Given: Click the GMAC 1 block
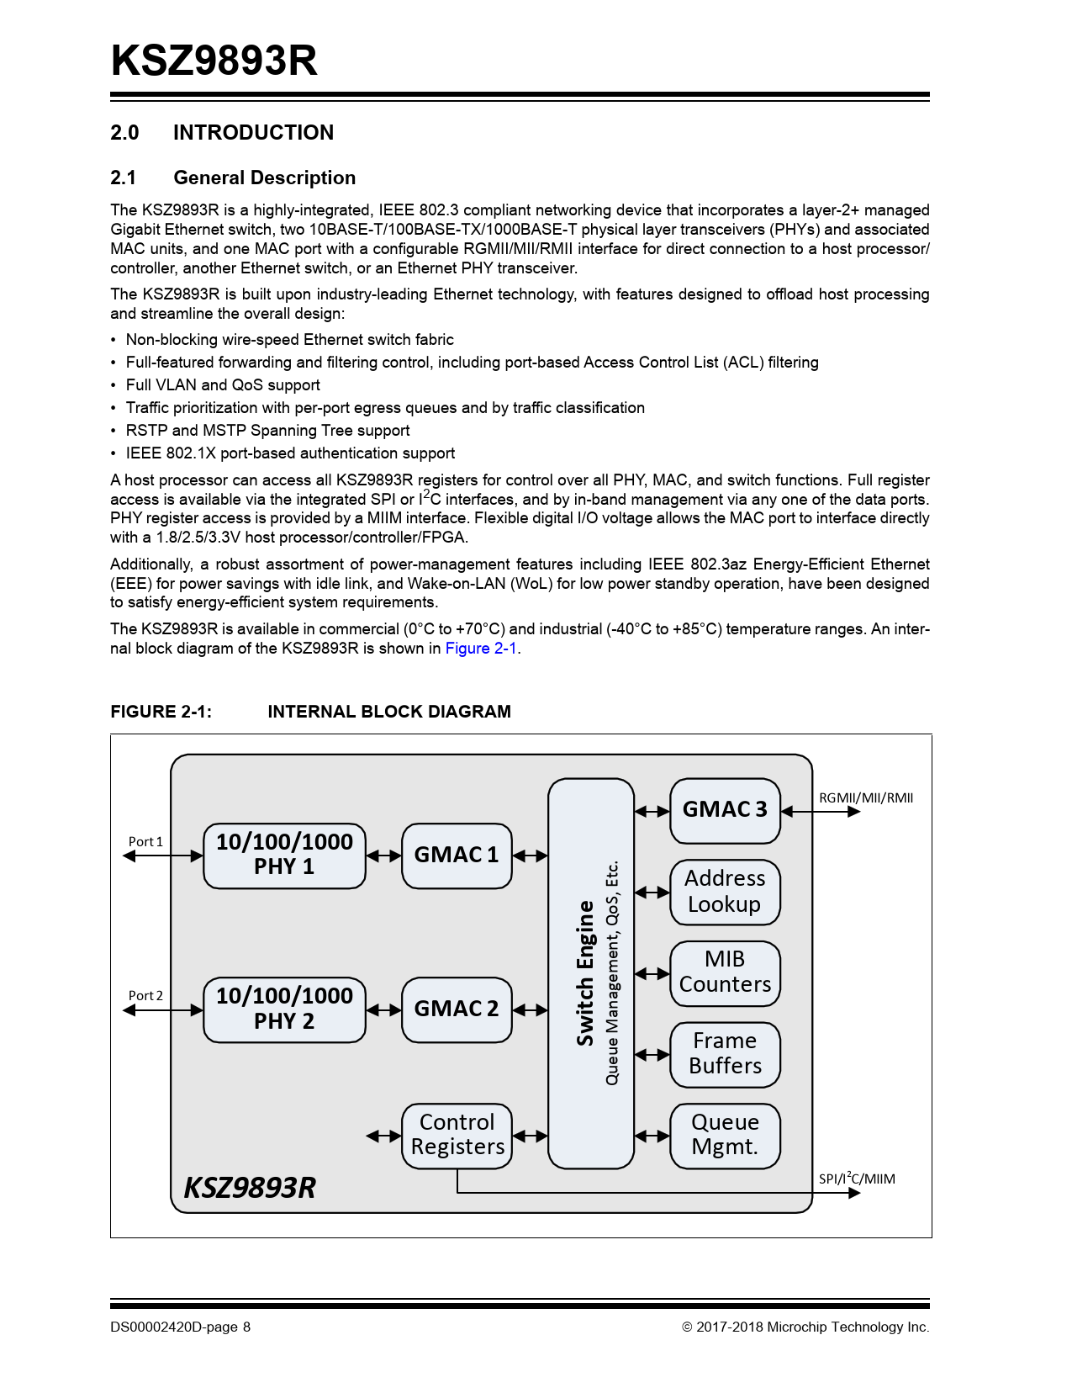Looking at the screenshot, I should click(457, 856).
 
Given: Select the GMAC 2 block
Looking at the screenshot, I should click(457, 1009).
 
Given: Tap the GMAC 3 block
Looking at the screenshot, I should click(725, 810).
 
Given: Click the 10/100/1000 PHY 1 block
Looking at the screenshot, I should click(284, 856).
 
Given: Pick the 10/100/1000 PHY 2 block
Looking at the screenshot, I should click(284, 1009).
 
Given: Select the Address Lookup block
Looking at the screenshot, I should click(725, 892).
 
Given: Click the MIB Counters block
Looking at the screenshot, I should click(725, 973).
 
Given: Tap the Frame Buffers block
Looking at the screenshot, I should click(725, 1054).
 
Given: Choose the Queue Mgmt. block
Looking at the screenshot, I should click(725, 1136).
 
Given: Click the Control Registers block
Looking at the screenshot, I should click(457, 1136).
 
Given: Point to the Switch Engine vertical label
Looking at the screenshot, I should click(585, 973).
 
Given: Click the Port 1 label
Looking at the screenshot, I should click(145, 841).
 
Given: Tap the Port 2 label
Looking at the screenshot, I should click(145, 995).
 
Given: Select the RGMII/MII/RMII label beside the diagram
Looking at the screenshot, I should click(866, 797).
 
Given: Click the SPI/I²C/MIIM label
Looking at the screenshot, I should click(857, 1179).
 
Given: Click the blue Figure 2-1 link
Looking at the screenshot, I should click(481, 649).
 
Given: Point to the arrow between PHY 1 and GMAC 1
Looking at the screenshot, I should click(384, 856).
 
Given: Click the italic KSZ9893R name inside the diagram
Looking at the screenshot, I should click(250, 1188).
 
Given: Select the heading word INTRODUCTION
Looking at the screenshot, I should click(253, 133).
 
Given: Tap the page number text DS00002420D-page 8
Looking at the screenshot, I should click(181, 1327).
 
